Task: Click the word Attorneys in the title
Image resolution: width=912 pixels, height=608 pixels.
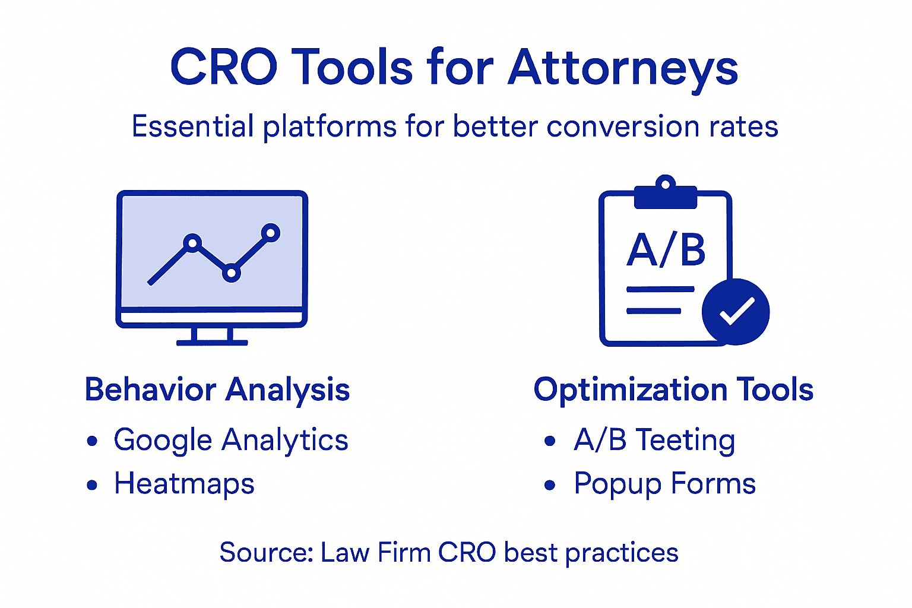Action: tap(623, 68)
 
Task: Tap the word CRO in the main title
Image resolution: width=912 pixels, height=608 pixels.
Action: tap(223, 68)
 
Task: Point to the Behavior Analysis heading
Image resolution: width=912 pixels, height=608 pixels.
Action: tap(217, 390)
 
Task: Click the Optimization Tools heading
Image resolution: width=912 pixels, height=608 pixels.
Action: tap(673, 390)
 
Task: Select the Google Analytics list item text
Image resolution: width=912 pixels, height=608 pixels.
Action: tap(231, 441)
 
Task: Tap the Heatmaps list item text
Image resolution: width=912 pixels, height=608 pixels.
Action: tap(184, 484)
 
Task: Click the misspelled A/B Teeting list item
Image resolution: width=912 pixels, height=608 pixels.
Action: tap(654, 441)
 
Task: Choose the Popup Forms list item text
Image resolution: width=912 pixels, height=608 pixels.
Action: tap(664, 484)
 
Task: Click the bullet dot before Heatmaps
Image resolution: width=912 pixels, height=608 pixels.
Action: tap(92, 485)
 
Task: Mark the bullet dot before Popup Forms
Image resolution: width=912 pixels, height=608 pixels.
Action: tap(550, 485)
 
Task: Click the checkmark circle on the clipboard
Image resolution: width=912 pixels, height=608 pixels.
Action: tap(736, 312)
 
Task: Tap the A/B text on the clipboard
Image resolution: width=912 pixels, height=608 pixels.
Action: tap(666, 250)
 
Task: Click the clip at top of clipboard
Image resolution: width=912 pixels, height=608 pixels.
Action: tap(665, 193)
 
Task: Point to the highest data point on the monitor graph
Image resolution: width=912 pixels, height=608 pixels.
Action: tap(271, 233)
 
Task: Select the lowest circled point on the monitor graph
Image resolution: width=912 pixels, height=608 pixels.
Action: tap(231, 273)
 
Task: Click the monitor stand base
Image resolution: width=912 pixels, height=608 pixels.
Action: tap(212, 342)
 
